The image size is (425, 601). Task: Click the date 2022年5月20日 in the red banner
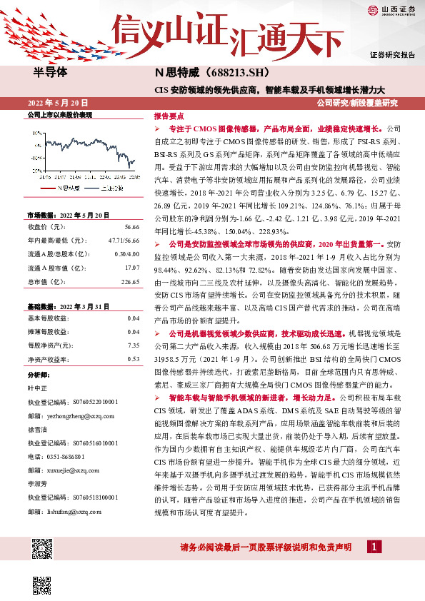[x=62, y=103]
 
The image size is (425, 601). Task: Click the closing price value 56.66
[x=131, y=227]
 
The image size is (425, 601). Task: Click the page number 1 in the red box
[x=373, y=547]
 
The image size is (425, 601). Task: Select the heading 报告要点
[x=169, y=115]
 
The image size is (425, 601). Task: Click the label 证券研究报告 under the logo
[x=392, y=54]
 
